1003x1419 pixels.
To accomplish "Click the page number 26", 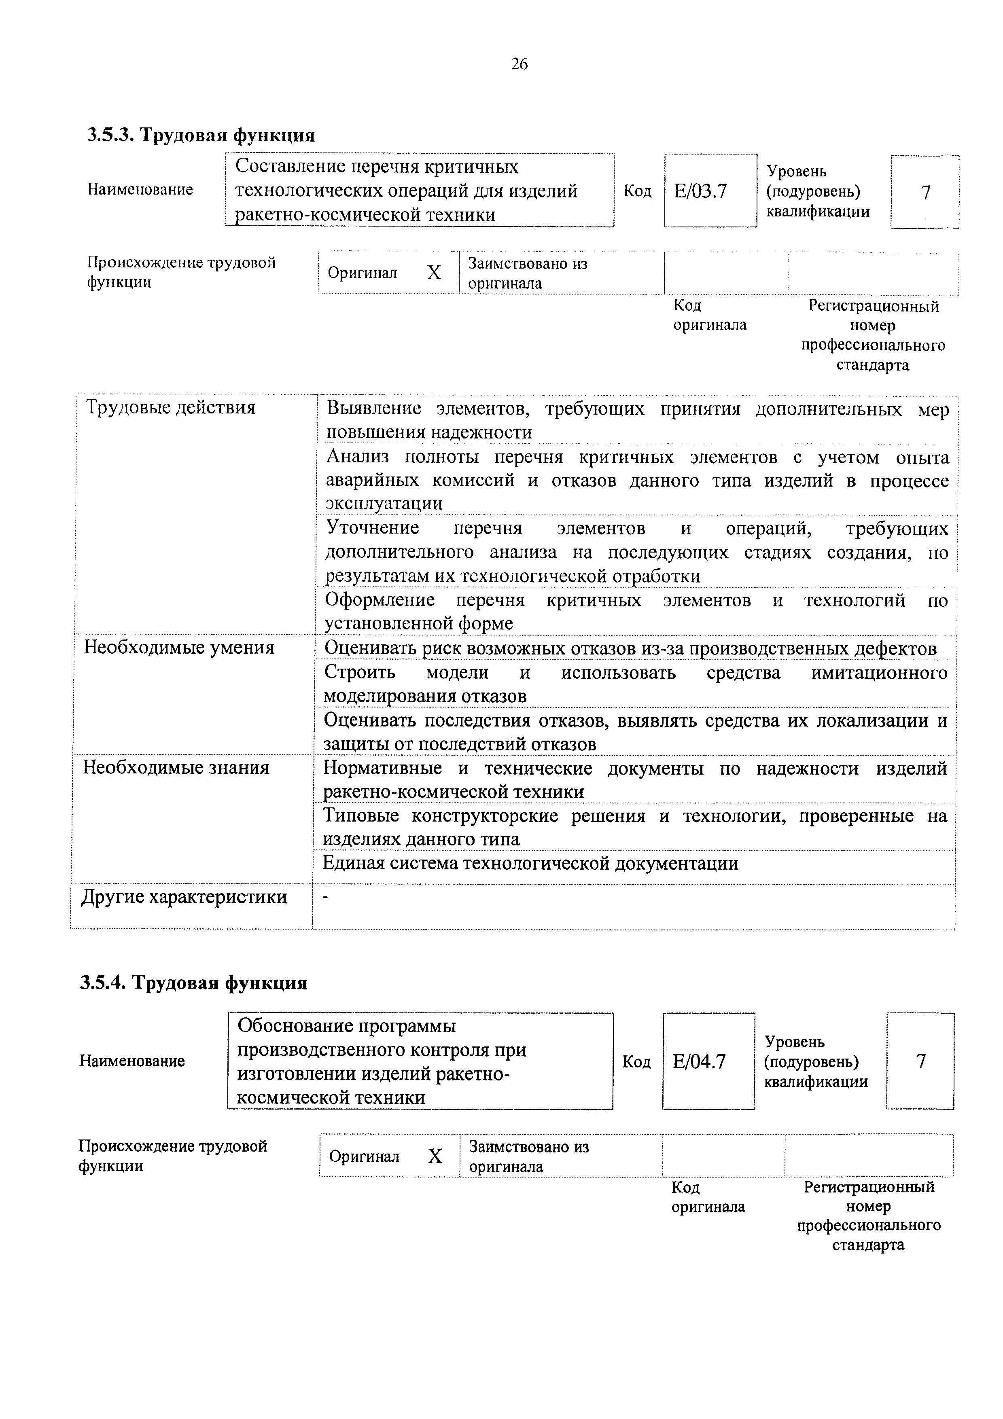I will pyautogui.click(x=519, y=64).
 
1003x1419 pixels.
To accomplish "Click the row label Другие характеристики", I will pyautogui.click(x=184, y=897).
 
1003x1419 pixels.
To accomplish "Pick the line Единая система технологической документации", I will pyautogui.click(x=530, y=863).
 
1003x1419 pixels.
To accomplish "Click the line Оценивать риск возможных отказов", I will pyautogui.click(x=630, y=648).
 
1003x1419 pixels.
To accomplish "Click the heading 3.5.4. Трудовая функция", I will pyautogui.click(x=193, y=983).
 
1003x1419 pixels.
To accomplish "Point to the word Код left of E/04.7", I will pyautogui.click(x=636, y=1062).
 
